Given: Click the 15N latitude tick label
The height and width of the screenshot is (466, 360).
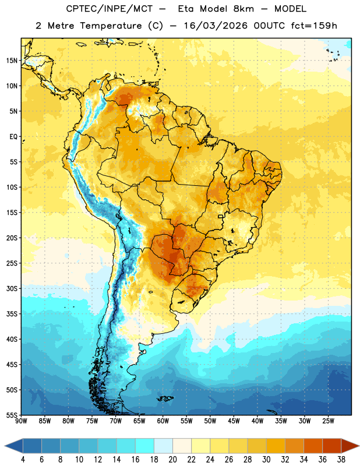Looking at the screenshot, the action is click(12, 61).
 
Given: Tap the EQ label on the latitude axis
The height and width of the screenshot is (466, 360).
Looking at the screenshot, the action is click(13, 137).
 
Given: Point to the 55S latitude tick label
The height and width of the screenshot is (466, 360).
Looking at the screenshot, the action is click(12, 415).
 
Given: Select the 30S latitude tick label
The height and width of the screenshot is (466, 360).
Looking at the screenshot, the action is click(12, 288).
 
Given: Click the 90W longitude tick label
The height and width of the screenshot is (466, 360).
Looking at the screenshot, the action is click(21, 421).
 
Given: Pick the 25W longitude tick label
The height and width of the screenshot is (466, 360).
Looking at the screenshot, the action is click(328, 421).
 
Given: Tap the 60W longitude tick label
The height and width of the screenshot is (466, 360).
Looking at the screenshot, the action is click(163, 421).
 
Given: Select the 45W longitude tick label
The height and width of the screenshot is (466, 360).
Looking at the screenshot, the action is click(234, 421).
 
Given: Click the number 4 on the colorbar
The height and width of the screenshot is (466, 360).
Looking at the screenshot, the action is click(23, 460).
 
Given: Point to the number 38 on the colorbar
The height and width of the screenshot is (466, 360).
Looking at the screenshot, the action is click(341, 460).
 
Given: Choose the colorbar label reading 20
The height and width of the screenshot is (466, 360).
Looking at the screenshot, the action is click(172, 460).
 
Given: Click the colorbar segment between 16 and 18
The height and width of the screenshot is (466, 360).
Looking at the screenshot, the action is click(145, 446).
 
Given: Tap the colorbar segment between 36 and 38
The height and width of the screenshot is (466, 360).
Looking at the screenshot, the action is click(332, 446).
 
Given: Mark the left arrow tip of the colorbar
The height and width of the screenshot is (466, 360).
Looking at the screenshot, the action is click(5, 446).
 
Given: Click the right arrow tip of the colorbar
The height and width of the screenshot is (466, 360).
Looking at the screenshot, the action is click(359, 446).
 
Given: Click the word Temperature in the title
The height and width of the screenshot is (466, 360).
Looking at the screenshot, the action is click(111, 26).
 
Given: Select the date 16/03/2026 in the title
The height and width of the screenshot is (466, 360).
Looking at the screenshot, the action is click(216, 26).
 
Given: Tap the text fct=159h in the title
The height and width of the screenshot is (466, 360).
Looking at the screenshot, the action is click(314, 26).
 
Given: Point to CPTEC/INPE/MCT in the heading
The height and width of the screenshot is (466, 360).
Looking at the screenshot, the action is click(110, 9).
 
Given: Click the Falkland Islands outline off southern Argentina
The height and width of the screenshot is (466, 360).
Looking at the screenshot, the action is click(165, 398).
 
